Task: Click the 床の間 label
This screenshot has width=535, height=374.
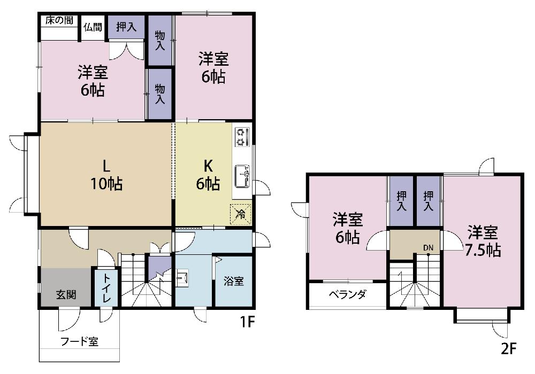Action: [59, 20]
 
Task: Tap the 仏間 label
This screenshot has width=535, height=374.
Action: [93, 27]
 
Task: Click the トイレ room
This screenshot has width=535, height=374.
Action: [106, 288]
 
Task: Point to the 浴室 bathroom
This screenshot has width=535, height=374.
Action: [234, 281]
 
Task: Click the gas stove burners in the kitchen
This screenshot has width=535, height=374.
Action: [242, 137]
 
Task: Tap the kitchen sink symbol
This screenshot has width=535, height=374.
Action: [242, 176]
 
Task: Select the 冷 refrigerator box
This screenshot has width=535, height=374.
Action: [241, 214]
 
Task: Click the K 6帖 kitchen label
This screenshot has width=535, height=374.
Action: [208, 175]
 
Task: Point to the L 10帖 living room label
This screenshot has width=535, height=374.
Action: [106, 175]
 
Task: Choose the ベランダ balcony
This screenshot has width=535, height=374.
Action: [348, 295]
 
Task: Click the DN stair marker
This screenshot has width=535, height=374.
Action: [428, 247]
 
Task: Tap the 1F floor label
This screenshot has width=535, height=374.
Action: [247, 322]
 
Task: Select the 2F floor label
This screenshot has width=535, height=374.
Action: [509, 349]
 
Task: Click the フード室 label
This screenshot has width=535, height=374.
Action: [79, 341]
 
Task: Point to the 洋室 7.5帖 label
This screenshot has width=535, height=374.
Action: [483, 241]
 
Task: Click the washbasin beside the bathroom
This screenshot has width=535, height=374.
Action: [182, 278]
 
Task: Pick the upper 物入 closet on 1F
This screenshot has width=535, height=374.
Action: [159, 40]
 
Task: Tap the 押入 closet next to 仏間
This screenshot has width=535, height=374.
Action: [126, 27]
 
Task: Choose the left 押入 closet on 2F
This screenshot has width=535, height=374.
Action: [401, 201]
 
